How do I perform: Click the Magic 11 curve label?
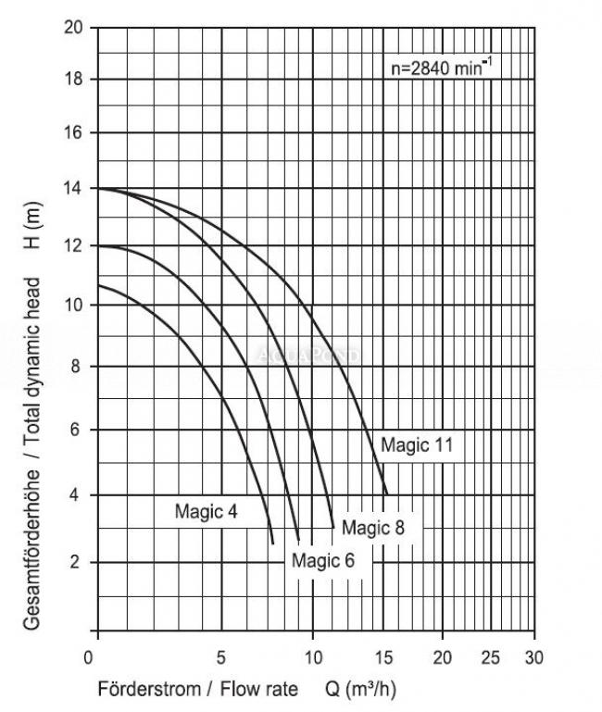[x=417, y=445]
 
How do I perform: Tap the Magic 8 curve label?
[x=374, y=528]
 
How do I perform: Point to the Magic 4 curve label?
[x=207, y=510]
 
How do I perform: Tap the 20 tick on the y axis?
[x=75, y=27]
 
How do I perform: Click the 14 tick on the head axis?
[x=75, y=188]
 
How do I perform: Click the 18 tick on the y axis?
[x=75, y=80]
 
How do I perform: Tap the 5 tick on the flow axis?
[x=221, y=658]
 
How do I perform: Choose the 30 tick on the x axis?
[x=534, y=658]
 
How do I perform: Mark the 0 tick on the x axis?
[x=89, y=658]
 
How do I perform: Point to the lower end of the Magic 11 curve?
[x=385, y=493]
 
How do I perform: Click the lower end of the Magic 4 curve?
[x=272, y=543]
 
